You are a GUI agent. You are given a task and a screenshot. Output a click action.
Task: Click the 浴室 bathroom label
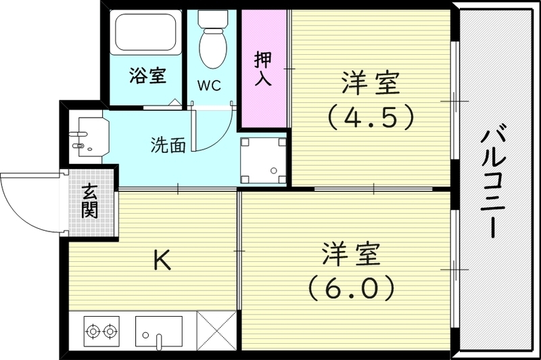point(147,75)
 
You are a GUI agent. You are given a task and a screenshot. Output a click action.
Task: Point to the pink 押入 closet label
point(262,67)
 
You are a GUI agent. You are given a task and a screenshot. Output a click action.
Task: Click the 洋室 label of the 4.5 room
point(369,86)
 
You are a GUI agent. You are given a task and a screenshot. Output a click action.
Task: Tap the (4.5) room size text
point(369,119)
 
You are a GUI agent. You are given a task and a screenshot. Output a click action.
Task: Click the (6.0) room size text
point(350,290)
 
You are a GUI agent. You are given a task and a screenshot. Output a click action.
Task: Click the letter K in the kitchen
point(161,259)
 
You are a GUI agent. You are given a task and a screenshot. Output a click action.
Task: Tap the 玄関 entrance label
point(90,201)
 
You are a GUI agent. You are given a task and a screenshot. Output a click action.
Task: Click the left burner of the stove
point(93,332)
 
